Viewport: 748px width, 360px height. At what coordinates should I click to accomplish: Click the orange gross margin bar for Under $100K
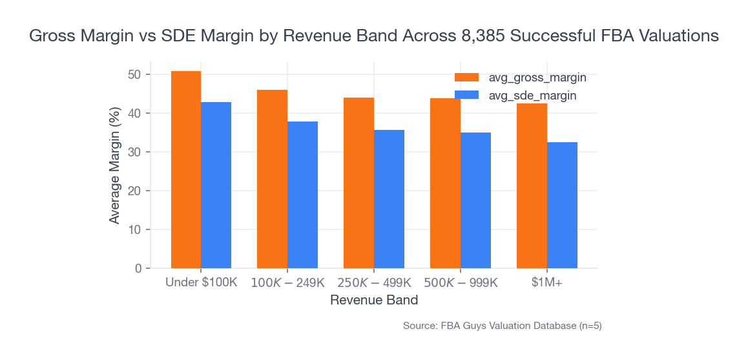pyautogui.click(x=186, y=170)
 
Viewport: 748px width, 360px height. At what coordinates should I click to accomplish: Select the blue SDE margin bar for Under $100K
pyautogui.click(x=216, y=185)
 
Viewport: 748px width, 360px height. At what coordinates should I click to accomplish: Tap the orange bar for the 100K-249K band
pyautogui.click(x=272, y=179)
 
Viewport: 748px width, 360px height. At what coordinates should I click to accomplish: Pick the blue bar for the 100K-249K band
pyautogui.click(x=302, y=195)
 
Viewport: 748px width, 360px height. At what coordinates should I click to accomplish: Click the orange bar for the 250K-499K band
pyautogui.click(x=358, y=183)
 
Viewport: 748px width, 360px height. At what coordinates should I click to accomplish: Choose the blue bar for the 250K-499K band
pyautogui.click(x=389, y=199)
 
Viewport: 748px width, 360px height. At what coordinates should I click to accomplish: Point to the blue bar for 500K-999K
pyautogui.click(x=475, y=200)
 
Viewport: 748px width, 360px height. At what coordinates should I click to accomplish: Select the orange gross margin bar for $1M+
pyautogui.click(x=532, y=186)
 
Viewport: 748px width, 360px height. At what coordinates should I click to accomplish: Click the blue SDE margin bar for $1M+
pyautogui.click(x=562, y=206)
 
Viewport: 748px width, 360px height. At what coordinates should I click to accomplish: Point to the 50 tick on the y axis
pyautogui.click(x=134, y=74)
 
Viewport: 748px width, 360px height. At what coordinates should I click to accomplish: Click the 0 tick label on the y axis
pyautogui.click(x=138, y=268)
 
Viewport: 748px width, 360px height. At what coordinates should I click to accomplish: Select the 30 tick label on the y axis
pyautogui.click(x=134, y=152)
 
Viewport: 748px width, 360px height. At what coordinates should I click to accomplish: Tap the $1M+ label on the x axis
pyautogui.click(x=546, y=283)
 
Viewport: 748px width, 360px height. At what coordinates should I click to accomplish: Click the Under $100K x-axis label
pyautogui.click(x=201, y=283)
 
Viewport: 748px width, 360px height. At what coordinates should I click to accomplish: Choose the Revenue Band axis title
pyautogui.click(x=373, y=301)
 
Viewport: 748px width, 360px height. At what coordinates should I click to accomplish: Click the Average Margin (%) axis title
pyautogui.click(x=114, y=165)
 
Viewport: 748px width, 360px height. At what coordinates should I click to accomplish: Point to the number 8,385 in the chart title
pyautogui.click(x=483, y=36)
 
